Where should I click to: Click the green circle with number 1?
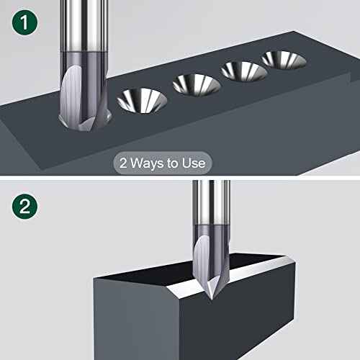[24, 23]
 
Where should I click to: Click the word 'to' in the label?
[173, 163]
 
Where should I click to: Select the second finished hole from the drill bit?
[196, 84]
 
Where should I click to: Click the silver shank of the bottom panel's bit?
[214, 205]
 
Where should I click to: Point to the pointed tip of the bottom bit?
[208, 296]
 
